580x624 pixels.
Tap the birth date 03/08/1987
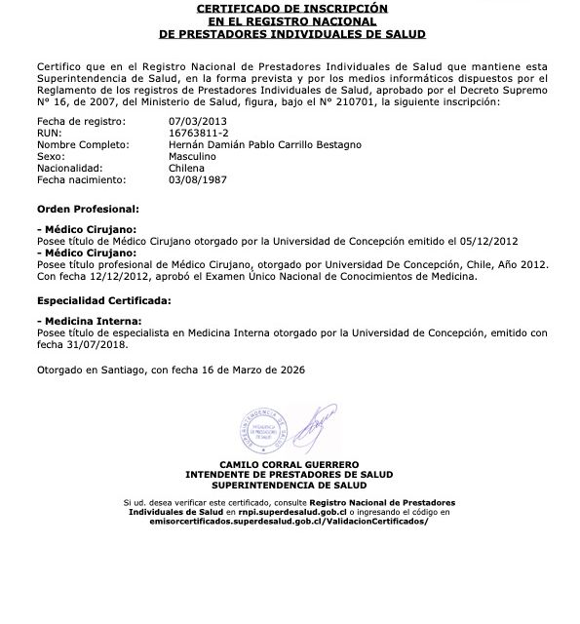pos(198,180)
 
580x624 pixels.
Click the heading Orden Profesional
pos(88,209)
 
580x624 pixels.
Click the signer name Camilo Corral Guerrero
pos(290,464)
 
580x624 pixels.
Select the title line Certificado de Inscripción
pos(290,8)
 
